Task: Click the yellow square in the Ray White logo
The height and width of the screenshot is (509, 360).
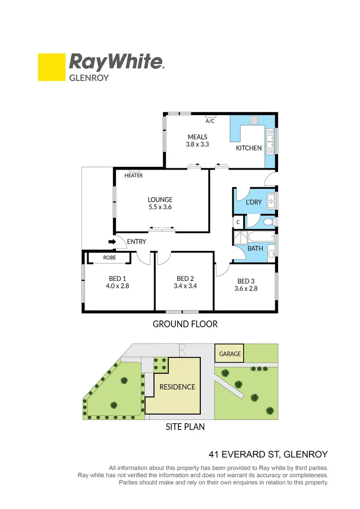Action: (51, 67)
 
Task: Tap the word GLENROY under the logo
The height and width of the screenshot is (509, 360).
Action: (89, 78)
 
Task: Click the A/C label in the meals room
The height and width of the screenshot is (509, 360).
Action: (210, 121)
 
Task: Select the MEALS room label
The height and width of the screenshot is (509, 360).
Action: (197, 137)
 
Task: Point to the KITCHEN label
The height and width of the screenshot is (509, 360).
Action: (249, 148)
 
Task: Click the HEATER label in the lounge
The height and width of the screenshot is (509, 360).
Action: (134, 175)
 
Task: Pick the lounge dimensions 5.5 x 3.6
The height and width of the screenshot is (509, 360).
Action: (160, 207)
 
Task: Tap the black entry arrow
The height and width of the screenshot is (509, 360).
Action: (112, 242)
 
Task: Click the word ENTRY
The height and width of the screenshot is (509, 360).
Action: (137, 242)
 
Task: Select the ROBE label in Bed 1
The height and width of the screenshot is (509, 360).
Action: (110, 258)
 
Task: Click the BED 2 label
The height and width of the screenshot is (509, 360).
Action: (185, 279)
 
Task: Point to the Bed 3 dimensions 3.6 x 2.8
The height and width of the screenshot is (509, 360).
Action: (246, 289)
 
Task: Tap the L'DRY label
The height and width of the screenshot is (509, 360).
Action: (254, 202)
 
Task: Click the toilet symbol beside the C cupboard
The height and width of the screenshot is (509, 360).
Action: (269, 222)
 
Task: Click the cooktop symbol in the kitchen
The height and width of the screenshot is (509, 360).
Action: (254, 120)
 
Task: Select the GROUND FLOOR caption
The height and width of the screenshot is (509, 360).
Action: (185, 324)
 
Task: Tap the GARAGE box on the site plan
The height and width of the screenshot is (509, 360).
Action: (230, 353)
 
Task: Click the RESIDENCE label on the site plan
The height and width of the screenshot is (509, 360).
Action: (177, 387)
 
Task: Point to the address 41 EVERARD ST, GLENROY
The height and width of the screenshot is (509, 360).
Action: (268, 455)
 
